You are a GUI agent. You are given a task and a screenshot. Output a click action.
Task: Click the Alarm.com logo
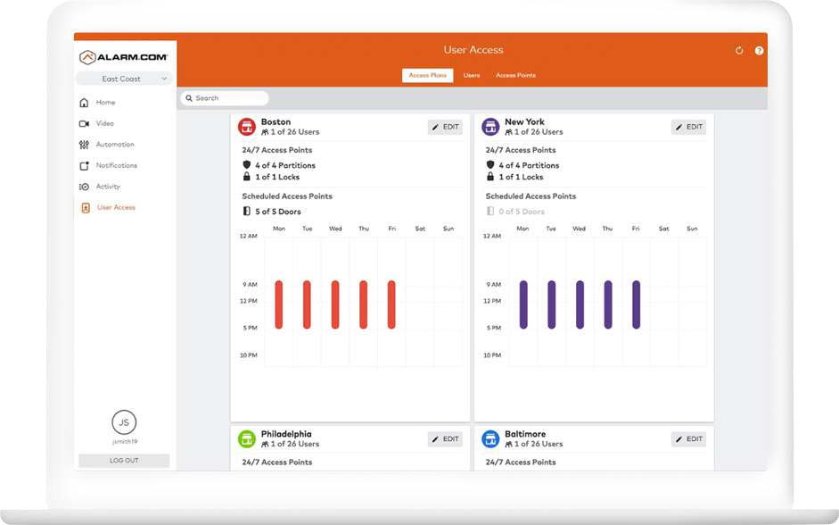[124, 57]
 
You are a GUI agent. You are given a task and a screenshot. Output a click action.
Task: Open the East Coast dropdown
[124, 79]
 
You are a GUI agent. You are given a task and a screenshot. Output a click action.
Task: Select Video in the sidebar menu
[104, 123]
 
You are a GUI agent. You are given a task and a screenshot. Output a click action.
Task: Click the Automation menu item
[114, 145]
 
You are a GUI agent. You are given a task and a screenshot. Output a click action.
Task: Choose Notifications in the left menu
[116, 165]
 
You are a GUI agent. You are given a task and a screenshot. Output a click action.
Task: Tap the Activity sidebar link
[108, 187]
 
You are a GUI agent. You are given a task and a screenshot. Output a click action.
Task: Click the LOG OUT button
[124, 461]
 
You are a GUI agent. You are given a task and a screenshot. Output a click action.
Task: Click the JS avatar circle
[124, 422]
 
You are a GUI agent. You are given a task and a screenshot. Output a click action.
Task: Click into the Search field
[225, 98]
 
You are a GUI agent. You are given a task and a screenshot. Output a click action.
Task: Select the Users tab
[472, 76]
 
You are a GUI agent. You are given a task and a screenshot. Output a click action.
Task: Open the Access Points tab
[515, 76]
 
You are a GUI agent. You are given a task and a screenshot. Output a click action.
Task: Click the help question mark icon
[759, 51]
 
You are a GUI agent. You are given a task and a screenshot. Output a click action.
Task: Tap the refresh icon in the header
[739, 51]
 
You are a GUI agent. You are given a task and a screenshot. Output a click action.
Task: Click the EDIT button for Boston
[445, 127]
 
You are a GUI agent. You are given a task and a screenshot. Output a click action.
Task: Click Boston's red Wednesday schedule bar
[335, 304]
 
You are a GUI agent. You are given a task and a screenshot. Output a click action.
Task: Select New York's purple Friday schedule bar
[636, 304]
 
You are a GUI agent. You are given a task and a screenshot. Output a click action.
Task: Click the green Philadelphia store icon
[247, 439]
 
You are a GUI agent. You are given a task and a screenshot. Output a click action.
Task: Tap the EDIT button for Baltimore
[688, 439]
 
